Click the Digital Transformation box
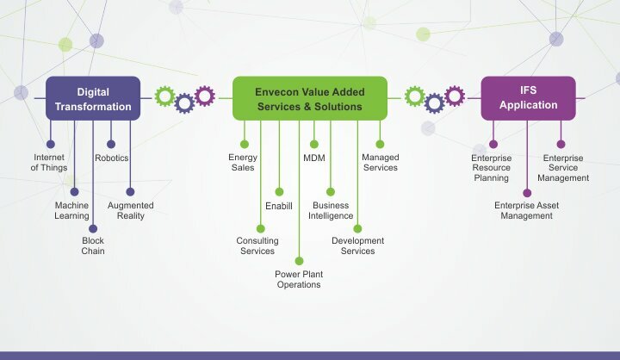(x=93, y=99)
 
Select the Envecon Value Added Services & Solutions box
(x=309, y=99)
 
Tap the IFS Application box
(x=528, y=97)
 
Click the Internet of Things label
(x=49, y=163)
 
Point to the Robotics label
(x=112, y=158)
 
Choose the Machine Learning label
(x=72, y=211)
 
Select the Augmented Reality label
(x=131, y=211)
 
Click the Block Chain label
(x=93, y=246)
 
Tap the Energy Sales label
(x=243, y=163)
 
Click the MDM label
(x=313, y=158)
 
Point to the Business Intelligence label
(x=331, y=211)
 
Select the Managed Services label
(x=380, y=163)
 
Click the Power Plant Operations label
(x=299, y=279)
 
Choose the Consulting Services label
(x=257, y=246)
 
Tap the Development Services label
(x=358, y=246)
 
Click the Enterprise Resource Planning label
(x=492, y=169)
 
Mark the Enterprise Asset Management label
(x=526, y=211)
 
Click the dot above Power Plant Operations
(x=299, y=260)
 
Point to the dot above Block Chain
(x=93, y=228)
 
